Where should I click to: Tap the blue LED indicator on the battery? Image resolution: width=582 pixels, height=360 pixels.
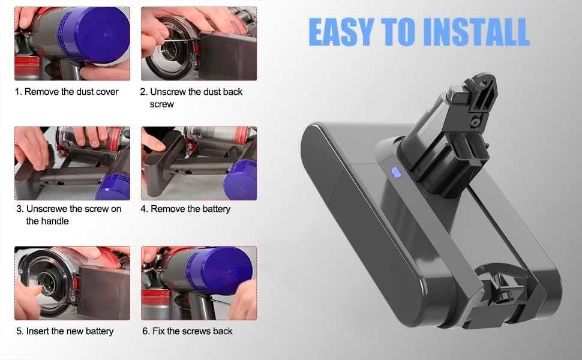coord(395,173)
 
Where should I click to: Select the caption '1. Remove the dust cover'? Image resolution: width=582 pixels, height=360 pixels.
coord(67,92)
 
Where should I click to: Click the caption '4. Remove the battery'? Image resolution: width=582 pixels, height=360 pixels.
coord(185,209)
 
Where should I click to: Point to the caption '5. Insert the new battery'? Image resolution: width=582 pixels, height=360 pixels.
coord(64,331)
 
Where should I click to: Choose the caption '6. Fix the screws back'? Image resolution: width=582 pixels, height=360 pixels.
coord(187,331)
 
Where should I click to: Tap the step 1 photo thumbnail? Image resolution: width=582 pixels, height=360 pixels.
coord(72,43)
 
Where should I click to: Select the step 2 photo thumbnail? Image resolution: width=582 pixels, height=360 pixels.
coord(199,43)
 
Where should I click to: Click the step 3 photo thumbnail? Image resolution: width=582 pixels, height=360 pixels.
coord(72,163)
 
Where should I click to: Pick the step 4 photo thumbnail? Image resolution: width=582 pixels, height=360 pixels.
coord(199,163)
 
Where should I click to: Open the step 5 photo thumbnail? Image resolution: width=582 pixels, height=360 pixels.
coord(72,282)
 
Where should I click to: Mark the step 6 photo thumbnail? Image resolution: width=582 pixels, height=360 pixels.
coord(199,282)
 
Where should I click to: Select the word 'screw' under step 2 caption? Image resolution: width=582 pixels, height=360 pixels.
coord(161,104)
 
